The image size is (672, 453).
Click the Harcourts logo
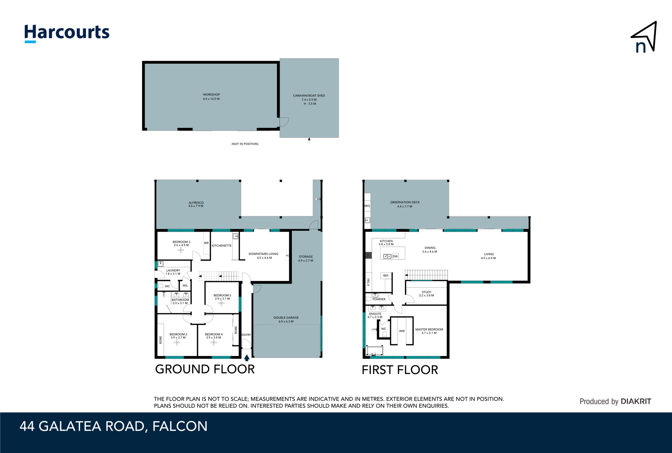click(67, 33)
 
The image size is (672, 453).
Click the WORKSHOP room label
click(211, 95)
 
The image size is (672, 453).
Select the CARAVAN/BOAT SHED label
click(309, 96)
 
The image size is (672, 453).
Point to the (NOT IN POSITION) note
click(245, 144)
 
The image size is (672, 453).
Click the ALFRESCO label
click(196, 203)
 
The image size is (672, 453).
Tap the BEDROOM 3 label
click(181, 242)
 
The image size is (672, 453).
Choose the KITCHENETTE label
click(222, 246)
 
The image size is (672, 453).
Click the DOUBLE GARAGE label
click(286, 317)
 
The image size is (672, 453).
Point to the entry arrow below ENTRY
click(247, 358)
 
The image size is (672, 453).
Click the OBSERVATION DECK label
click(405, 202)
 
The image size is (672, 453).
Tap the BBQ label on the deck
click(367, 206)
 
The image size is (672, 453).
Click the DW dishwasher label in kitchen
click(395, 256)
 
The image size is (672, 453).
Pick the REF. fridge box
click(386, 276)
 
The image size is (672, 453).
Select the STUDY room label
click(427, 292)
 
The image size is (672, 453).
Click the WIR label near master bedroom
click(402, 331)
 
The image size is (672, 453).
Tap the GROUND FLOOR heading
click(205, 369)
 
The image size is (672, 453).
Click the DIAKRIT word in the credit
click(636, 401)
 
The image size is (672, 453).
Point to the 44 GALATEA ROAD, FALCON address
click(114, 426)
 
